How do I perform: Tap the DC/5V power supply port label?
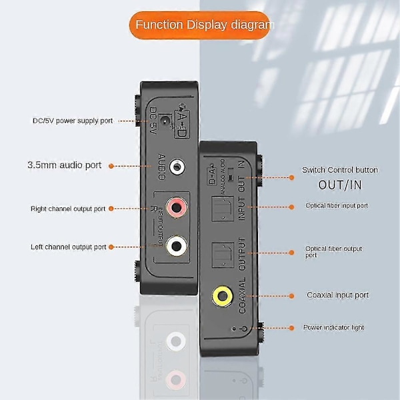[x=73, y=121]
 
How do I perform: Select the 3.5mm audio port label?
[x=65, y=165]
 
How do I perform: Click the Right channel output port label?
[x=68, y=209]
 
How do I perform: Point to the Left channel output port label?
[x=68, y=247]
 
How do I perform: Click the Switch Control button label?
[x=339, y=170]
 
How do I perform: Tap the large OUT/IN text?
[x=339, y=185]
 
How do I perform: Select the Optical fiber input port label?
[x=337, y=205]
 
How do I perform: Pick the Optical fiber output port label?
[x=333, y=251]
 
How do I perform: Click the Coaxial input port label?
[x=337, y=295]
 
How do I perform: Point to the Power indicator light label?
[x=334, y=327]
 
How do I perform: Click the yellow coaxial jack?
[x=221, y=295]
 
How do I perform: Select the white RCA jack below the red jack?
[x=176, y=245]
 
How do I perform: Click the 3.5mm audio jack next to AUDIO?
[x=177, y=166]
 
